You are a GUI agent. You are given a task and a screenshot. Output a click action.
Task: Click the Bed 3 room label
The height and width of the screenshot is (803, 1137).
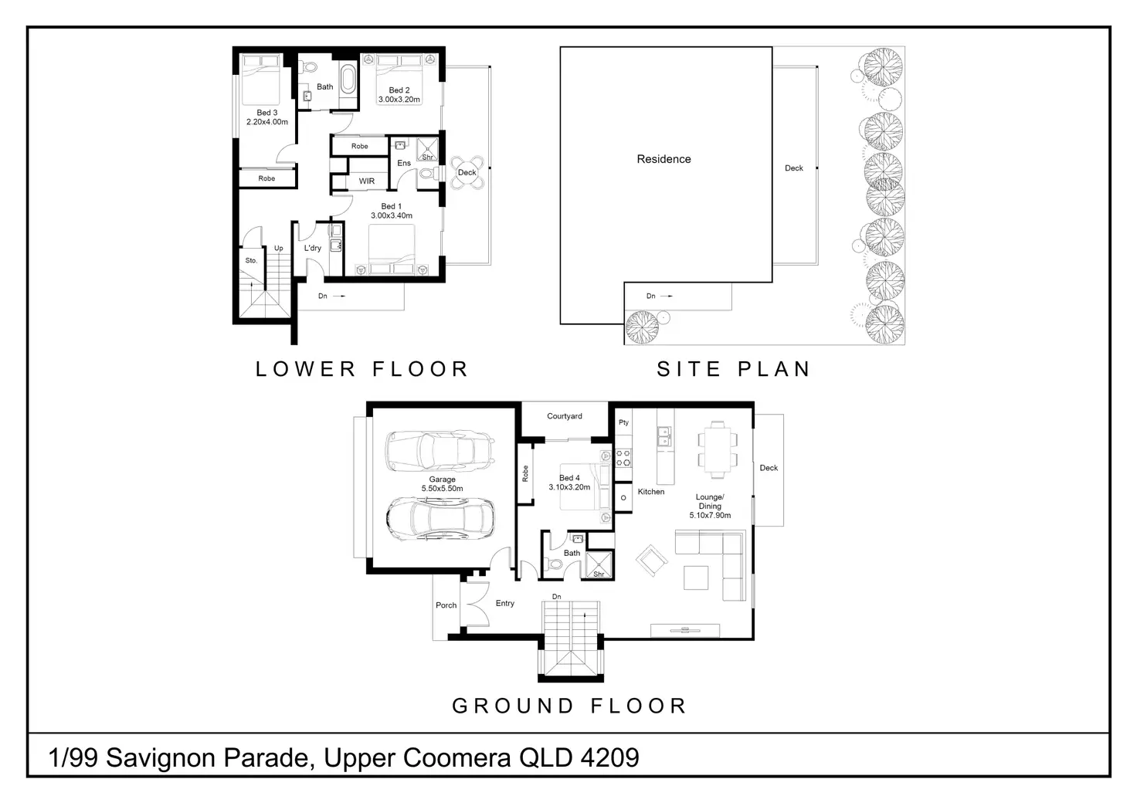point(267,113)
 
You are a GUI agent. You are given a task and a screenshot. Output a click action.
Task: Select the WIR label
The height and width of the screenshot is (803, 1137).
point(366,181)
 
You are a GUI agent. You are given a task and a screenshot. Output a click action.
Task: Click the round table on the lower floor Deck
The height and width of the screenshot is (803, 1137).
point(467,172)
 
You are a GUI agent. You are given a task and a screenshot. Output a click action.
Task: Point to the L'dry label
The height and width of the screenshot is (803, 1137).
point(313,248)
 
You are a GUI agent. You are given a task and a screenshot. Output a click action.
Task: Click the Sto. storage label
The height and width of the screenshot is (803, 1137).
point(251,260)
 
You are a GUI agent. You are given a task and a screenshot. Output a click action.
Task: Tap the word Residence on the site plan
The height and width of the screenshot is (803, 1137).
point(664,159)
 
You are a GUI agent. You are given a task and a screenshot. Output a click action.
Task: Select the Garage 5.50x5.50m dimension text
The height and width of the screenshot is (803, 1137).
point(442,489)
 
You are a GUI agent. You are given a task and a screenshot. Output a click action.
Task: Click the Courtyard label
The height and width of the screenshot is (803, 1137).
point(565,416)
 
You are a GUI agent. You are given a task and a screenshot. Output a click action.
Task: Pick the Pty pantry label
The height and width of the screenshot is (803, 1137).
point(624,422)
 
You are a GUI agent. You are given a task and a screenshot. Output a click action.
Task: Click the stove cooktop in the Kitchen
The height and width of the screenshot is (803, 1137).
point(623,458)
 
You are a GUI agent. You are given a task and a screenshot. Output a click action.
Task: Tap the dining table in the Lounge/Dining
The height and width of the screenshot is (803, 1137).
point(718,450)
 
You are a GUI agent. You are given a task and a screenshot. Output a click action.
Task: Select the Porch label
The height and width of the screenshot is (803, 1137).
point(446,605)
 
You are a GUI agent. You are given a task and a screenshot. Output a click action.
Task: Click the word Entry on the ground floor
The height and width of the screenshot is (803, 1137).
point(505,603)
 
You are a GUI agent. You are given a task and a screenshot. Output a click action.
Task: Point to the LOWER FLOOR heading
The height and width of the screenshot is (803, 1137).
point(362,369)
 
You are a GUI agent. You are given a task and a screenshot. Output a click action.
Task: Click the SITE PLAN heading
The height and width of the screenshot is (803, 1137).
point(734,369)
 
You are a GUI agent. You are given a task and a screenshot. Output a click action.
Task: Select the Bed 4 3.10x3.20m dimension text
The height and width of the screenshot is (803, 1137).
point(569,487)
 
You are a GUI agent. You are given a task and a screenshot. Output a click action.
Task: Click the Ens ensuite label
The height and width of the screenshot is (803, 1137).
point(404,163)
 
